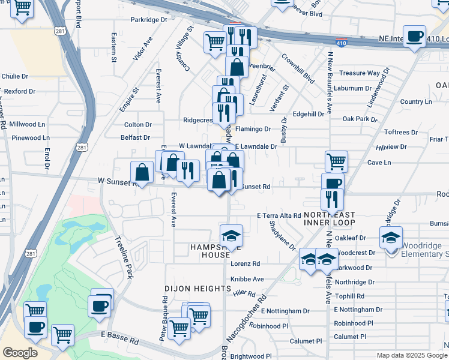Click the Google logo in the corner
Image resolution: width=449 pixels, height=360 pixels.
(20, 353)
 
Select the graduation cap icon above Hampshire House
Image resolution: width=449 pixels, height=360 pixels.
(231, 235)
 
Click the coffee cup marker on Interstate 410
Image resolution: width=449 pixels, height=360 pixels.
(414, 37)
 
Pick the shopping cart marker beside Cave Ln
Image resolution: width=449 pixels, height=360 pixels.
(336, 160)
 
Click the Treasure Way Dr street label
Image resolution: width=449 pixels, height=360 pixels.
(360, 73)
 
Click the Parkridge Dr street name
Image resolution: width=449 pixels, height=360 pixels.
(149, 20)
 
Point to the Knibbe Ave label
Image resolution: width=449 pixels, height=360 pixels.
(247, 279)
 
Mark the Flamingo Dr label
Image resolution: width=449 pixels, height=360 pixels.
(253, 129)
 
